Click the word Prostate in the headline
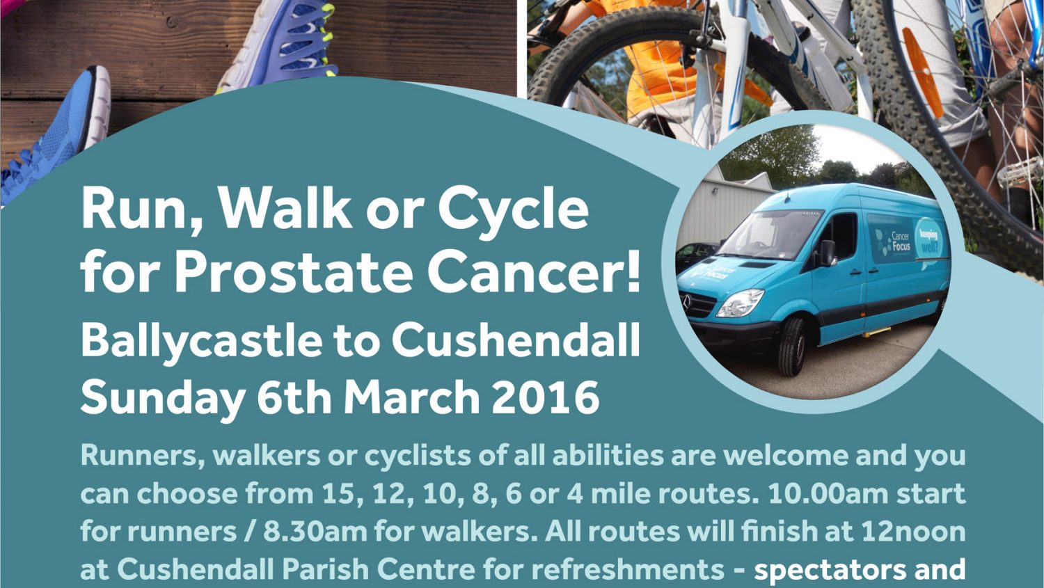coord(294,275)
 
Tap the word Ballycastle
coord(202,342)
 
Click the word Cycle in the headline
coord(513,212)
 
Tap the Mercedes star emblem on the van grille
coord(686,302)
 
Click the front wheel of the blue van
coord(791,347)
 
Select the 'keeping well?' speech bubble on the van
coord(930,239)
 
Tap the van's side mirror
coord(828,253)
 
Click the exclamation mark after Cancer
coord(633,275)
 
